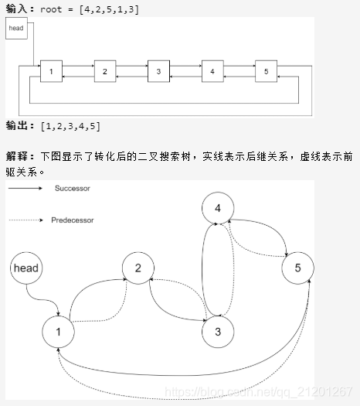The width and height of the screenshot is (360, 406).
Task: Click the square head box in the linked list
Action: click(x=16, y=29)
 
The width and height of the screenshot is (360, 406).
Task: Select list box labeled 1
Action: click(x=50, y=71)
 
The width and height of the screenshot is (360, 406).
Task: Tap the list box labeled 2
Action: click(x=104, y=71)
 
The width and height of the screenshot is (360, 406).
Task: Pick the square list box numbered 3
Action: click(x=158, y=71)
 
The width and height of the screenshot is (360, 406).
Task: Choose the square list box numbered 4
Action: click(x=212, y=71)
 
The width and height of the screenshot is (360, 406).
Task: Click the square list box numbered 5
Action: click(x=266, y=71)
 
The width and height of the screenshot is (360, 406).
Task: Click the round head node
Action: click(x=25, y=268)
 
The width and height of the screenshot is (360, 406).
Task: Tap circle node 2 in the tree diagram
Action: click(x=138, y=268)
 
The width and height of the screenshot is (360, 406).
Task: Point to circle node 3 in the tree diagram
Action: click(x=217, y=332)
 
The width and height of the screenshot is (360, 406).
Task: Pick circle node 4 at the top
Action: click(x=217, y=207)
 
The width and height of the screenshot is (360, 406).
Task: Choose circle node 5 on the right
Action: click(x=297, y=268)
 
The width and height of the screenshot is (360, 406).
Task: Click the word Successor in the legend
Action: click(x=73, y=188)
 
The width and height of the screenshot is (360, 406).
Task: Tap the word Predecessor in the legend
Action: click(x=73, y=220)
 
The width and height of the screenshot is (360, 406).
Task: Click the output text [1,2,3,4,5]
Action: click(x=70, y=125)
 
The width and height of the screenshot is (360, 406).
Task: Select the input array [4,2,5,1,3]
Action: click(x=109, y=8)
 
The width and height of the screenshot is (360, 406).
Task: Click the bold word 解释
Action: click(x=17, y=155)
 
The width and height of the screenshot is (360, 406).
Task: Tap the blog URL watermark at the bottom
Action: click(x=263, y=394)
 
